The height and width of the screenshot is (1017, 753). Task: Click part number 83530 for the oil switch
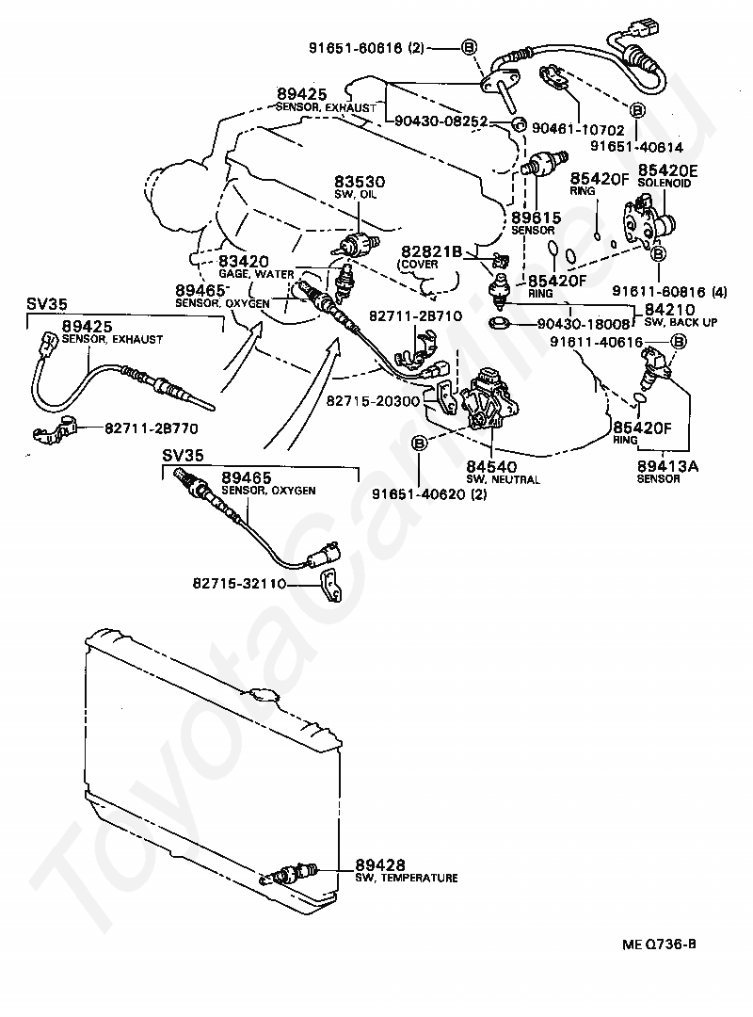[360, 182]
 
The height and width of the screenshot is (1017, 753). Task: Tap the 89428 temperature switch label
[380, 864]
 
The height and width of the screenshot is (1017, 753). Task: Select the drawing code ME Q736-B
[659, 944]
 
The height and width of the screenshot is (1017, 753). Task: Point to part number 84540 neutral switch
[491, 467]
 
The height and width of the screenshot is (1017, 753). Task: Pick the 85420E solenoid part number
[668, 169]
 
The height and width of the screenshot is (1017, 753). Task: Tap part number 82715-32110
[239, 584]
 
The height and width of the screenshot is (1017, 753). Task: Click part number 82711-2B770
[152, 428]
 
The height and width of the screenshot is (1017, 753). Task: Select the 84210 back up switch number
[669, 310]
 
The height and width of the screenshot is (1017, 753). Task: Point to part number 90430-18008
[584, 324]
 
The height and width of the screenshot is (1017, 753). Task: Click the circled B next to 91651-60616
[469, 47]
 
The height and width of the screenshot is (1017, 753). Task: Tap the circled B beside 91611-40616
[678, 341]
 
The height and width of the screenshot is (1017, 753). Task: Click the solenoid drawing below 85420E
[648, 222]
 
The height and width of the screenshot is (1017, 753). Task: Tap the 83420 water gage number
[243, 262]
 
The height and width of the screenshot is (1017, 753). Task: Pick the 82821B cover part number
[431, 251]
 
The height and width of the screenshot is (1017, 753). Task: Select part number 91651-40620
[419, 494]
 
